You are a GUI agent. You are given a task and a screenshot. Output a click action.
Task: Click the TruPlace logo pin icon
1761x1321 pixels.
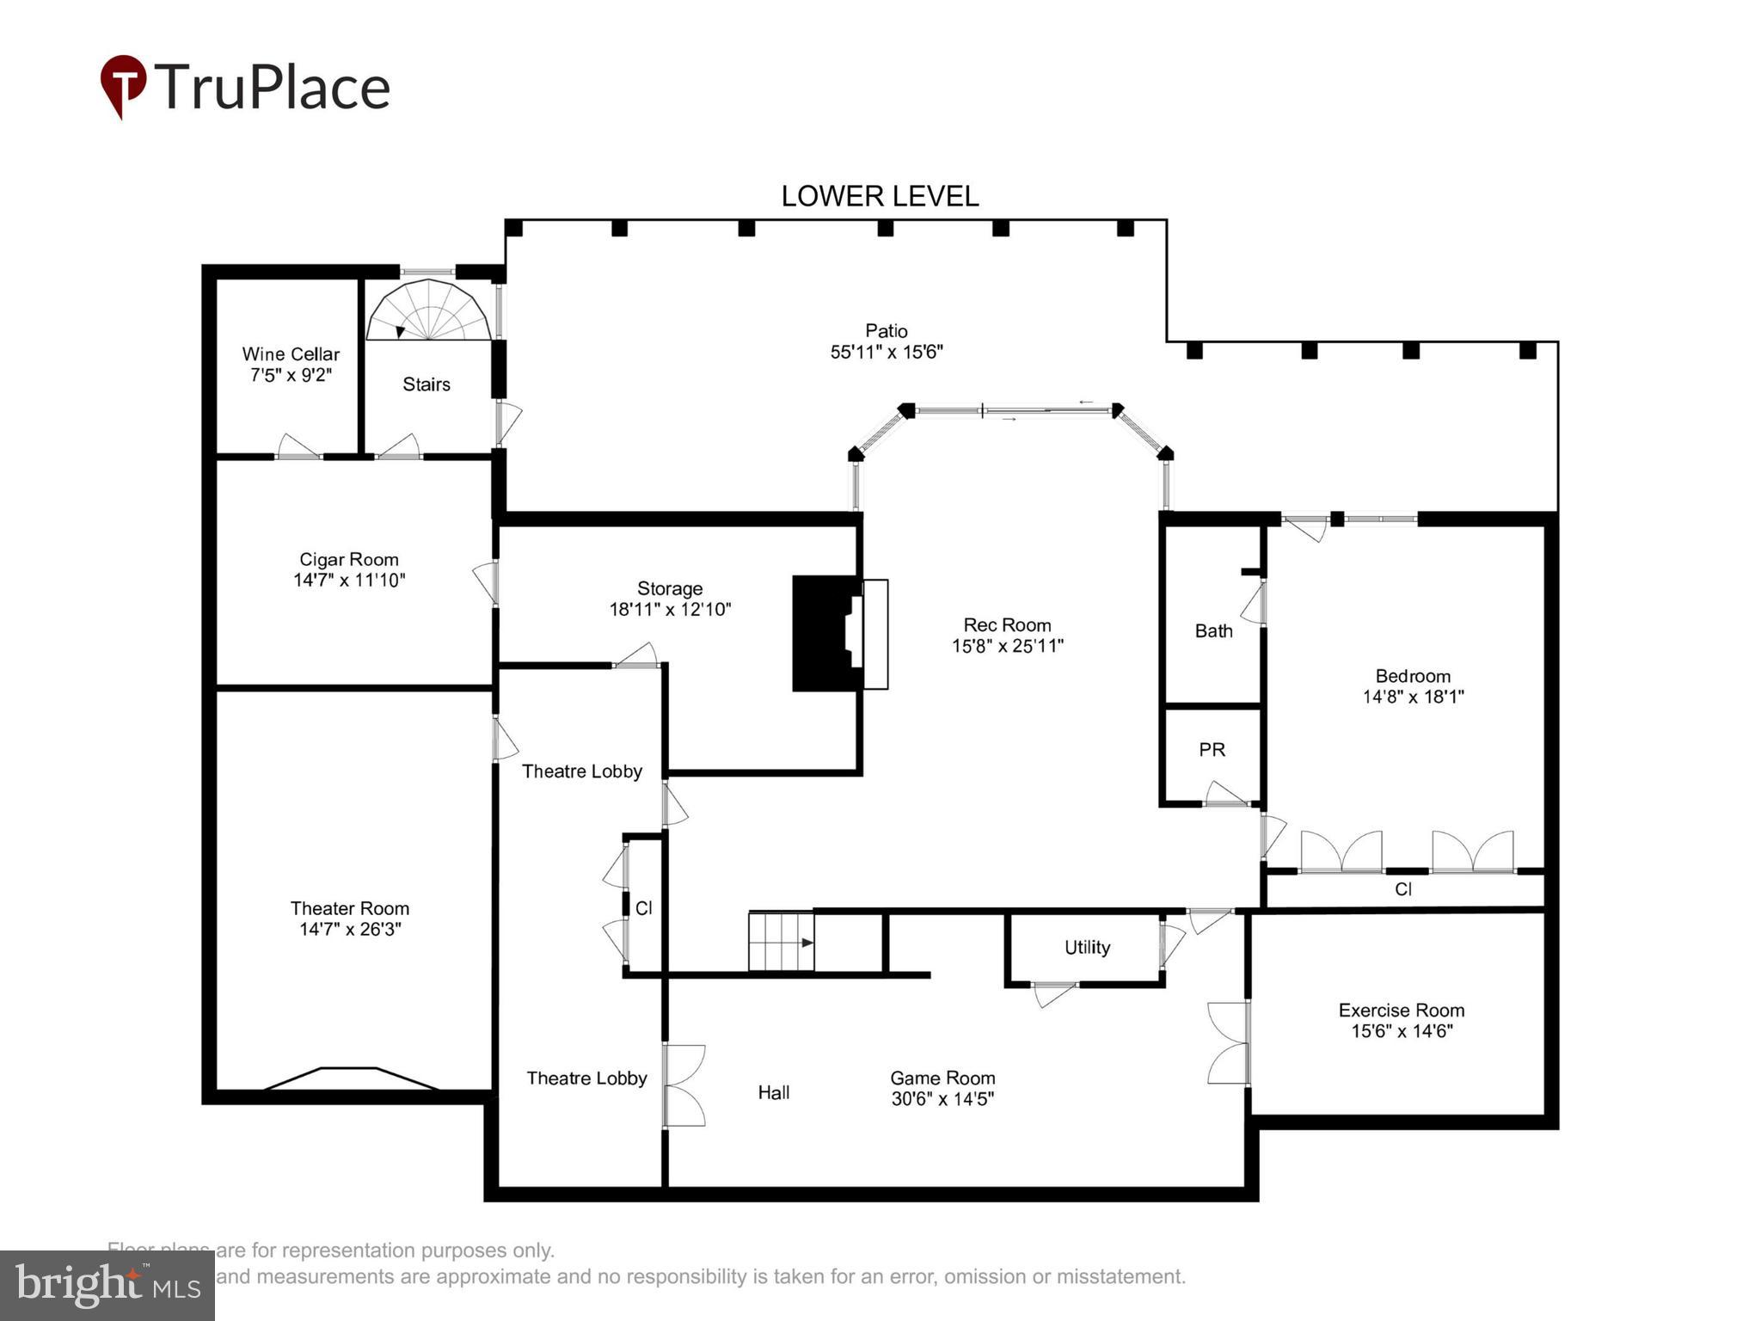[123, 84]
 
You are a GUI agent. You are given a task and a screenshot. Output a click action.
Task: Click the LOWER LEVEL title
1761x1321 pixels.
[880, 197]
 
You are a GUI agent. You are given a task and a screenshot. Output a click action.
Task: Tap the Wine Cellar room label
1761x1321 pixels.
[291, 354]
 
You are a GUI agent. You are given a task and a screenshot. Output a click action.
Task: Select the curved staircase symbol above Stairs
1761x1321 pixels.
[429, 311]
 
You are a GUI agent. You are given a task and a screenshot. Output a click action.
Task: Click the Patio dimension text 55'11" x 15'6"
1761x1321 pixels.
[887, 352]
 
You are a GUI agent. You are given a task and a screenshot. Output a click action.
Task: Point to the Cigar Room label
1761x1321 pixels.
[348, 560]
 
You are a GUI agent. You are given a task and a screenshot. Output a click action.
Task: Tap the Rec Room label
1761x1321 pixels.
[1007, 625]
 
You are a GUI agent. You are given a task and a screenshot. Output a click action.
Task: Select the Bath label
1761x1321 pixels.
[1213, 631]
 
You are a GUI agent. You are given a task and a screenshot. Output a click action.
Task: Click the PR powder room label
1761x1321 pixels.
[1212, 750]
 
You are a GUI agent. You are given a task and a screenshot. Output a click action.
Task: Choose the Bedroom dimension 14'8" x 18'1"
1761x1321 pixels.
[1413, 697]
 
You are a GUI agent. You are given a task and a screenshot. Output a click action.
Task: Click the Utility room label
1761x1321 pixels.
[1087, 948]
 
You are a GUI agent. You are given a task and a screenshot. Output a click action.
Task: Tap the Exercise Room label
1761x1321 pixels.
[1401, 1011]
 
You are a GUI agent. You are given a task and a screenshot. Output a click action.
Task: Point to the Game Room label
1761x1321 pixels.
[942, 1078]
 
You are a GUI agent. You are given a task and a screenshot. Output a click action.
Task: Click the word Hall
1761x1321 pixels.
[773, 1093]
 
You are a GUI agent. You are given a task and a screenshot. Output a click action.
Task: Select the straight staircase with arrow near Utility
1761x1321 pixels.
[781, 942]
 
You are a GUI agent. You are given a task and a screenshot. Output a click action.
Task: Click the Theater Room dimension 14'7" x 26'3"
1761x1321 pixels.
[350, 930]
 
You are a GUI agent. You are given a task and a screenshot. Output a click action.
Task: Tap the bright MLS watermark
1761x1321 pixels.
[107, 1286]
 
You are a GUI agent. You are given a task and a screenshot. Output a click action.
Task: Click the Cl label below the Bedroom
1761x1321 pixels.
[1402, 889]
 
